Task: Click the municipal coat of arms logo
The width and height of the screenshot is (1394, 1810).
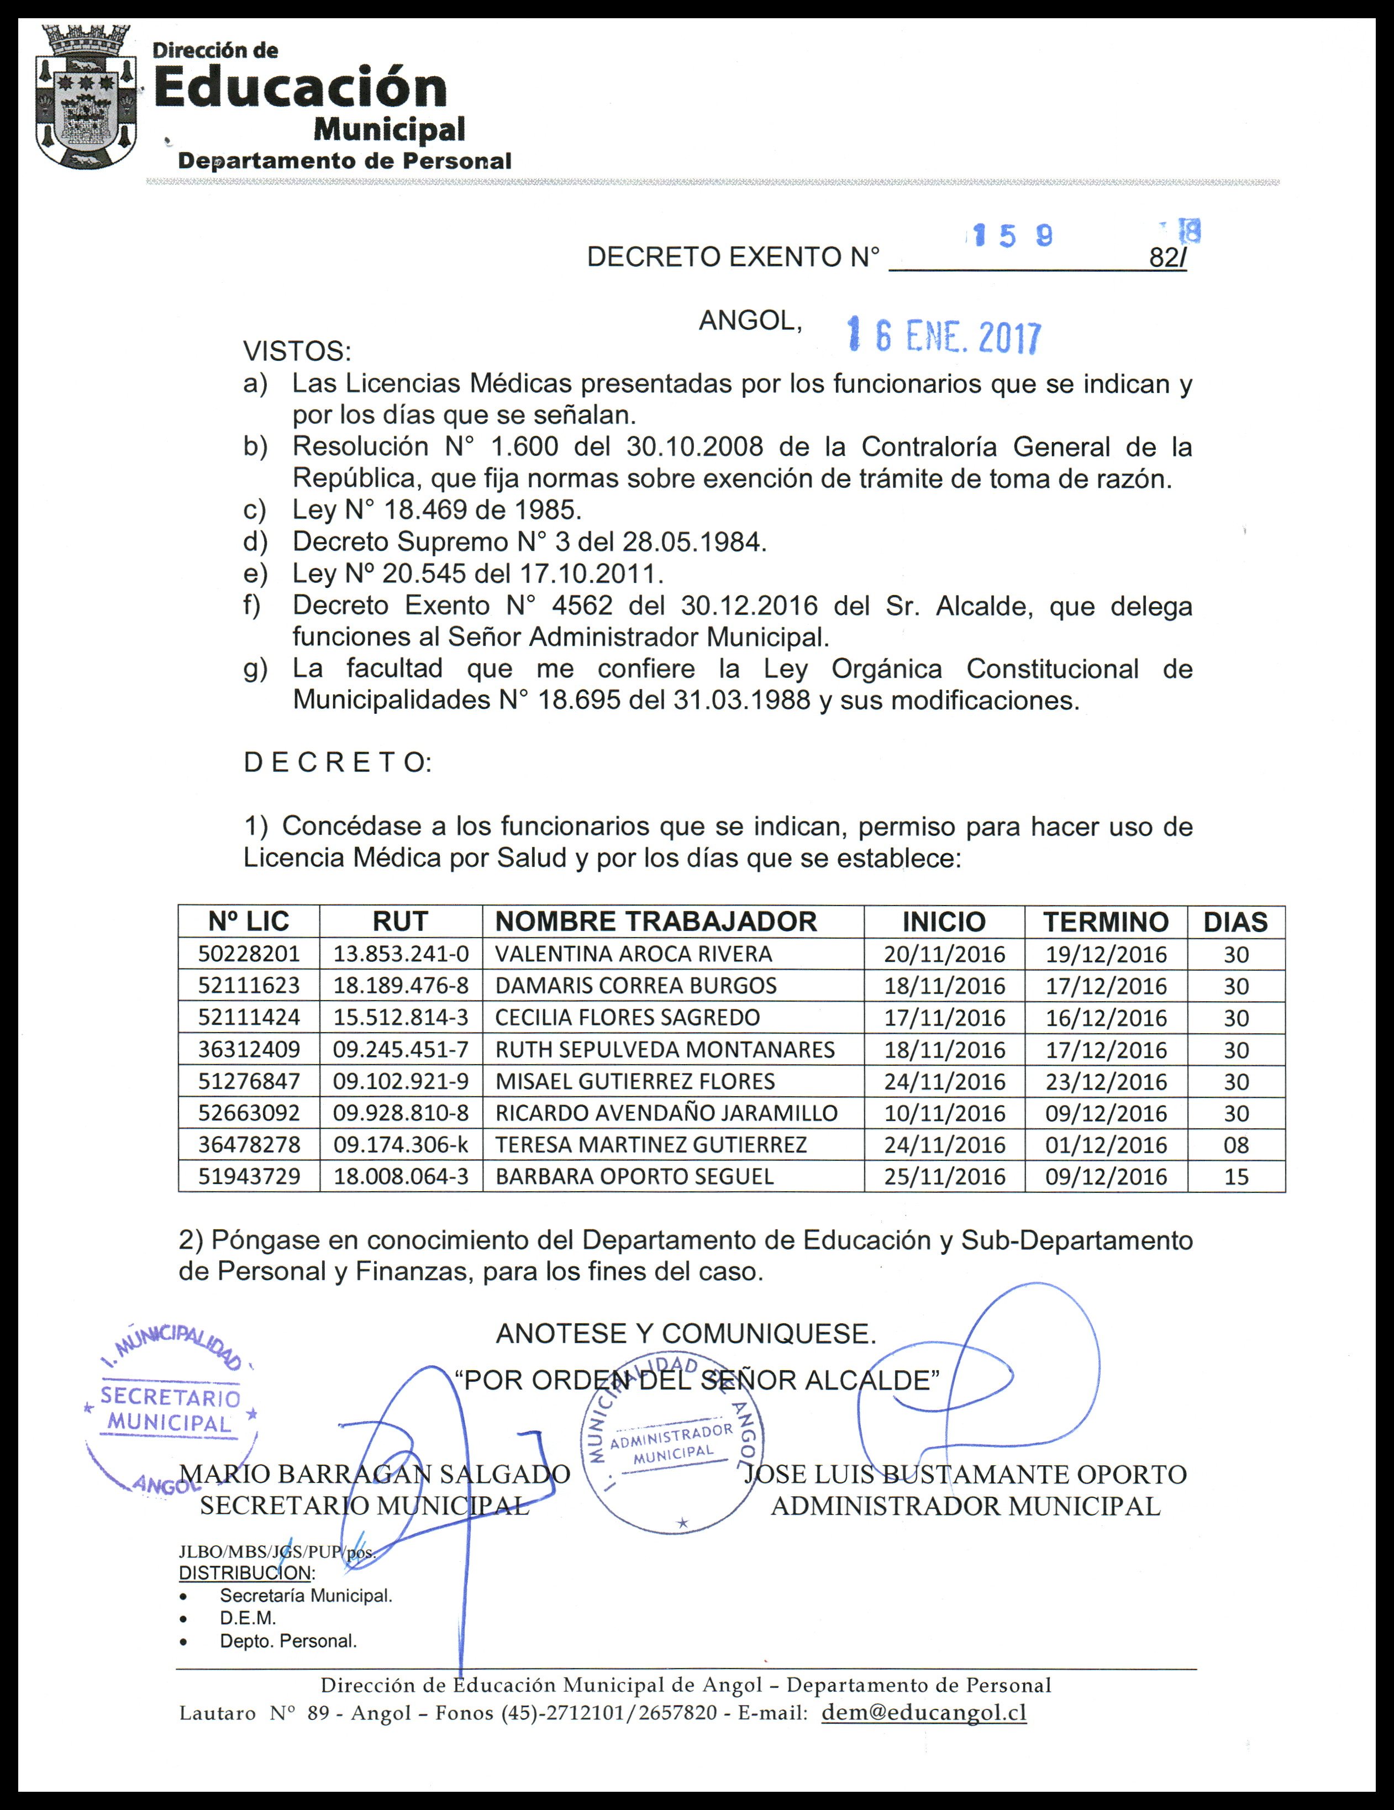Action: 85,97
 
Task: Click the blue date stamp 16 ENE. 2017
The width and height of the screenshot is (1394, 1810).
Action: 943,336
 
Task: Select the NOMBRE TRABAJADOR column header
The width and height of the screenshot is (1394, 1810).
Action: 655,922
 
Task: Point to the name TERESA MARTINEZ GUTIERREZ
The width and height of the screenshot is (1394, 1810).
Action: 651,1145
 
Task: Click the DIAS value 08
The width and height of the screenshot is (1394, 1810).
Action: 1235,1145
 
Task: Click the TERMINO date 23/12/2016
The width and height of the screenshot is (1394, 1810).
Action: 1106,1082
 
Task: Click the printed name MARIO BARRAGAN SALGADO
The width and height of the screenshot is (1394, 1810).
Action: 375,1474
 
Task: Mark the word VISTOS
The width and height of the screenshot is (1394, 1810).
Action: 297,351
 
